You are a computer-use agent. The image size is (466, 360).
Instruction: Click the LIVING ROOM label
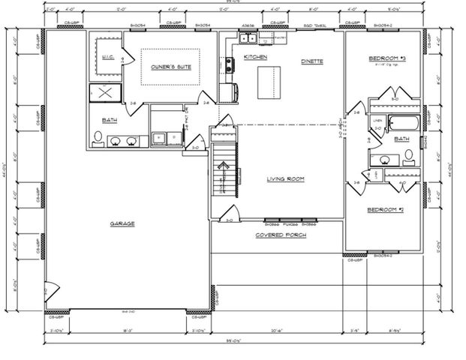(286, 179)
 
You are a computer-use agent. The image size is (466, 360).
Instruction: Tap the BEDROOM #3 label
(386, 58)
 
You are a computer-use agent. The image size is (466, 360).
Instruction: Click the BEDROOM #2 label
(386, 209)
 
